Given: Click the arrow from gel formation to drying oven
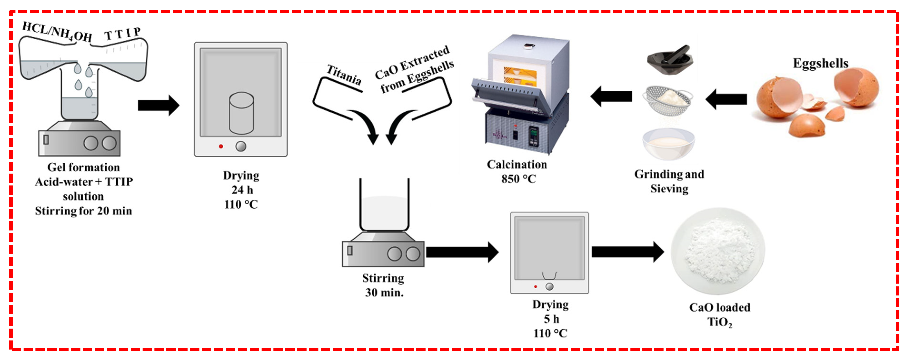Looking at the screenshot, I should pos(159,105).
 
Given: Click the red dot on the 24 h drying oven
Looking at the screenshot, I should pos(221,146).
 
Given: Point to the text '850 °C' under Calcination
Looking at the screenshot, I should pos(518,179).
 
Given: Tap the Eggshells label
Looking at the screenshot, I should pos(820,63).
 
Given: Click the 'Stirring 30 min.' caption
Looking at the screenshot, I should pos(383,285).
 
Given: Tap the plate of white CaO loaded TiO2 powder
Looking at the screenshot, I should pos(718,250).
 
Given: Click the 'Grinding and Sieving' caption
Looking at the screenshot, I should pos(669,181).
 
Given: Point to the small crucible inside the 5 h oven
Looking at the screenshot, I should pos(549,275).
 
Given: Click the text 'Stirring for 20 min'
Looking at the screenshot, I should pos(84,211).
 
